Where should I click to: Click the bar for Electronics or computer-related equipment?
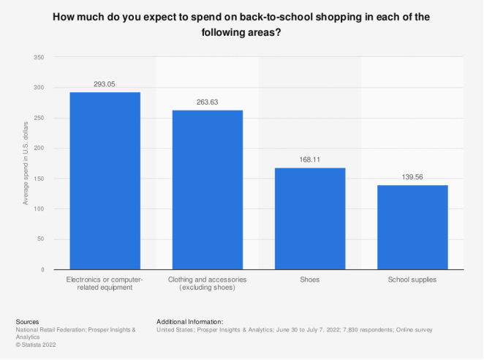pos(105,181)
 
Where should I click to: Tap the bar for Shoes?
pos(310,219)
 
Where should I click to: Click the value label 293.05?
pos(105,84)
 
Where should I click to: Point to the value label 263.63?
pos(208,102)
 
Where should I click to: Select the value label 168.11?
pos(310,160)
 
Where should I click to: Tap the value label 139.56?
pos(412,178)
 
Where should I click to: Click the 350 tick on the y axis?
pos(39,57)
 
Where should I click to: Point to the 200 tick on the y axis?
pos(39,148)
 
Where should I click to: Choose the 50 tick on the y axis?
pos(41,239)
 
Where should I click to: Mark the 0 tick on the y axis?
pos(43,269)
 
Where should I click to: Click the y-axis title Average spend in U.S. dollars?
pos(26,163)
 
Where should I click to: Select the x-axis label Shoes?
pos(310,280)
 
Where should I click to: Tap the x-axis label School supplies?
pos(412,280)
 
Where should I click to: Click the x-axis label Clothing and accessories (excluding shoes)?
pos(208,283)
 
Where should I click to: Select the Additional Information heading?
pos(189,321)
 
